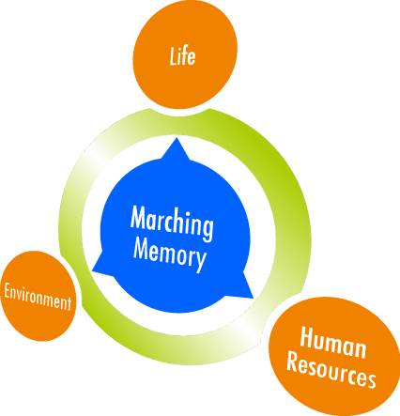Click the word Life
click(183, 56)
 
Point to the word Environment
click(38, 297)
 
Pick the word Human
click(333, 343)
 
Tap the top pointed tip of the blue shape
click(177, 138)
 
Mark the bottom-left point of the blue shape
click(93, 271)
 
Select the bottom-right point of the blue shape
click(252, 297)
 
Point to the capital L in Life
click(174, 56)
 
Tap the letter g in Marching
click(208, 230)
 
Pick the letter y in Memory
click(201, 262)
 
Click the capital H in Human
click(308, 337)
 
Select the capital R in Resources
click(295, 362)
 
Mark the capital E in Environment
click(8, 291)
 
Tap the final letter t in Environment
click(69, 303)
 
